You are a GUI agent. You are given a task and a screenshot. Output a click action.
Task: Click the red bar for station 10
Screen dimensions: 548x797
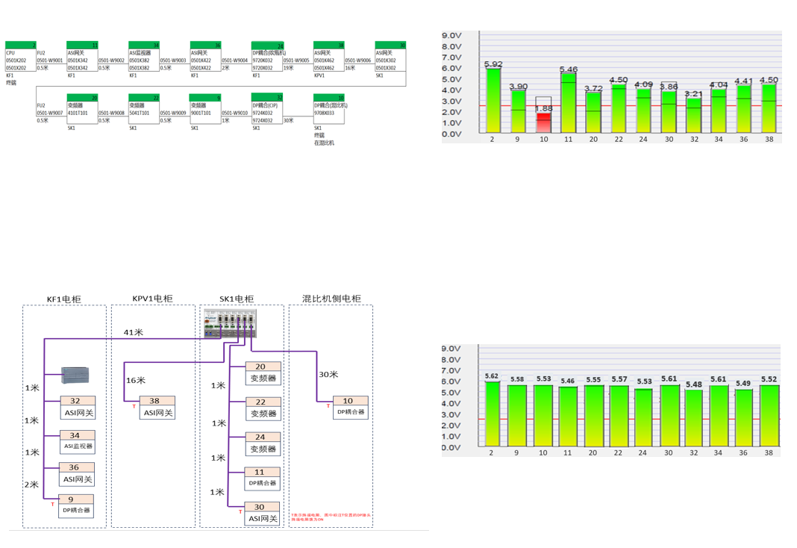(543, 122)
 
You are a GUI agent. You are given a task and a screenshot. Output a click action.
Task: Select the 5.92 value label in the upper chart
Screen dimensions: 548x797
(493, 64)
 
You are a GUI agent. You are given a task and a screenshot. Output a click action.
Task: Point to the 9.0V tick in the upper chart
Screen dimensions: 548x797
(452, 35)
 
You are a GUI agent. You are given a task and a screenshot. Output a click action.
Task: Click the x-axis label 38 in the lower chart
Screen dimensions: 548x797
(769, 452)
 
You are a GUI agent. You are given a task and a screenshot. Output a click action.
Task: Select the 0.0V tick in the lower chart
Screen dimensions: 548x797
(452, 447)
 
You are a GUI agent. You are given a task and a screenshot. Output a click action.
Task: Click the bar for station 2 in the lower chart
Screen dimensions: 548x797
(493, 414)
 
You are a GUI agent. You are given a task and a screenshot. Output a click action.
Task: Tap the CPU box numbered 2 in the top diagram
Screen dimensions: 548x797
(21, 57)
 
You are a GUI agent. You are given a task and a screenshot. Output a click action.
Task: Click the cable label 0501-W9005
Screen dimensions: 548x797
(296, 60)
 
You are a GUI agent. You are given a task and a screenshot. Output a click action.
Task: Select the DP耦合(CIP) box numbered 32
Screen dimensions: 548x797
(267, 108)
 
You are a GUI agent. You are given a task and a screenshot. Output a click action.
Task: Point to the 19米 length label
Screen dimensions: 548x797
(288, 68)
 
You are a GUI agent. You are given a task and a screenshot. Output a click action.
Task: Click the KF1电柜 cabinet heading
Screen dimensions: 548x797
(64, 299)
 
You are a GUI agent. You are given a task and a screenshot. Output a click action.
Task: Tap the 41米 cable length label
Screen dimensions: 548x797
(134, 332)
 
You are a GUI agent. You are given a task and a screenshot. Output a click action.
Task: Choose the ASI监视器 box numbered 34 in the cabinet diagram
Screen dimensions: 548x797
(78, 441)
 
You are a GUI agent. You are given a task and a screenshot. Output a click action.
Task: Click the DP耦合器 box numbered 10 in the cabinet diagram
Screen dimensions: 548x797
(350, 407)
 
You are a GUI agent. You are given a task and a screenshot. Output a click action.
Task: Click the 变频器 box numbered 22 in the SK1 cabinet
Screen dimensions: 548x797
(263, 408)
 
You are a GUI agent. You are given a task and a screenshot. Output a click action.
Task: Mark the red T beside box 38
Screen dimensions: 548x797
(134, 406)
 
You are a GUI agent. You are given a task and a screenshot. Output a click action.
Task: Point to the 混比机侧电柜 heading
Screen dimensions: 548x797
(331, 299)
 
